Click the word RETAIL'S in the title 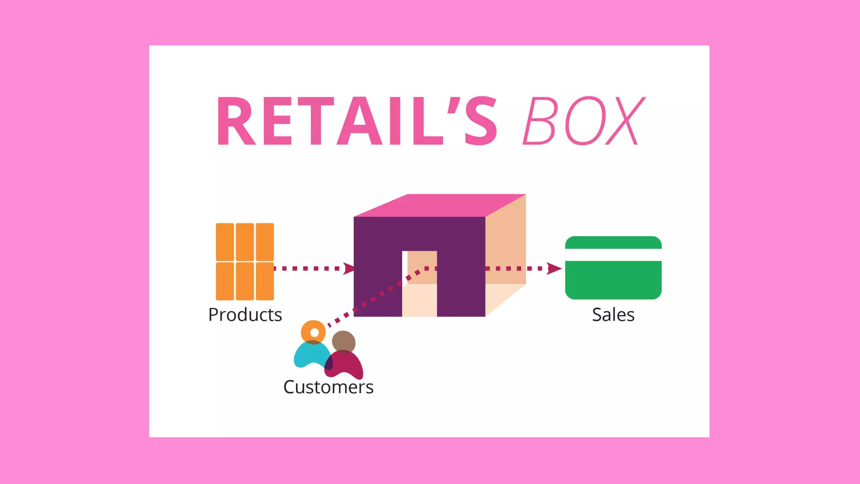tap(357, 121)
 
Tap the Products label tap(245, 315)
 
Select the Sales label tap(613, 315)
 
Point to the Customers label tap(328, 387)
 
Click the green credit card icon tap(613, 279)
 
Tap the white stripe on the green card tap(613, 255)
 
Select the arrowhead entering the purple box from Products tap(349, 268)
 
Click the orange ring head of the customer tap(313, 332)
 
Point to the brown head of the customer tap(344, 341)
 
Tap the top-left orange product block tap(225, 242)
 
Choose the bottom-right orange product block tap(265, 281)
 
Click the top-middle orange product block tap(245, 242)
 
